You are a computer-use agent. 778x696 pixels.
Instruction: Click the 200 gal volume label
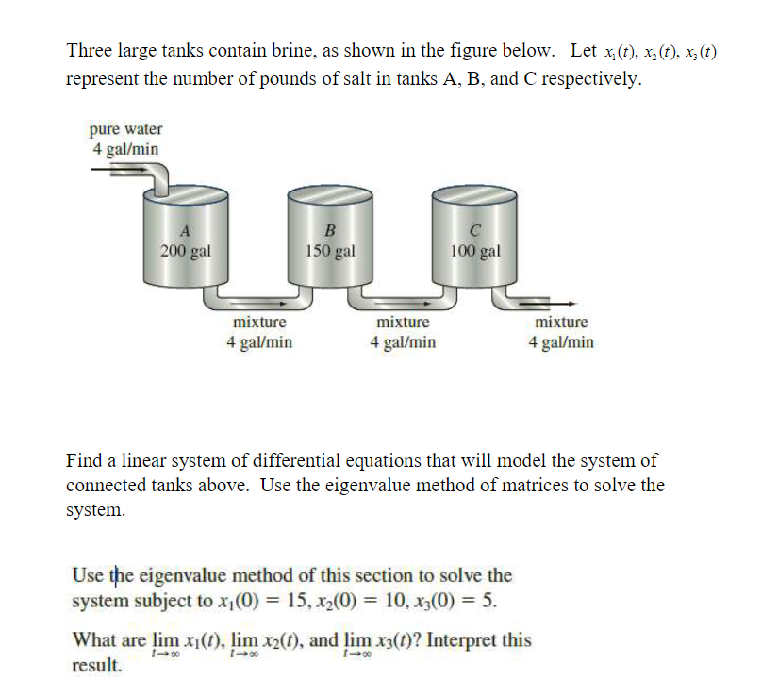click(x=185, y=251)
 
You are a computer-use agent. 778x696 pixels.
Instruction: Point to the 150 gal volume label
click(x=329, y=251)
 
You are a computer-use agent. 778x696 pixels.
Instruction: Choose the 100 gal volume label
click(x=475, y=251)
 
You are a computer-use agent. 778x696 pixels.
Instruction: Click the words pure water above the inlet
click(x=125, y=129)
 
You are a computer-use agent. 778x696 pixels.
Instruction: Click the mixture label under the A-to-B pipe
click(x=259, y=323)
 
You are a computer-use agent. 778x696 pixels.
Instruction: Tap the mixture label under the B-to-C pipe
click(x=403, y=323)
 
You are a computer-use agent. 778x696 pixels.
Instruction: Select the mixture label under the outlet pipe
click(x=561, y=323)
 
